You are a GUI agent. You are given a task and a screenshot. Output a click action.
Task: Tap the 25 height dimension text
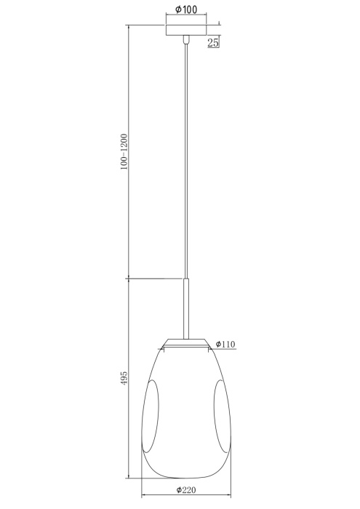pyautogui.click(x=214, y=43)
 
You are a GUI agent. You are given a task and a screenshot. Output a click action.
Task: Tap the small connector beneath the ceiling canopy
pyautogui.click(x=188, y=41)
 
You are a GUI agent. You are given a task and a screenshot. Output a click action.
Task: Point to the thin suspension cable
pyautogui.click(x=188, y=160)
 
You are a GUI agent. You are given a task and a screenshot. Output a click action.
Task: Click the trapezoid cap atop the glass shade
pyautogui.click(x=188, y=341)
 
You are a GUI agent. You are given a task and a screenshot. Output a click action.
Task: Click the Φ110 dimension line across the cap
pyautogui.click(x=188, y=348)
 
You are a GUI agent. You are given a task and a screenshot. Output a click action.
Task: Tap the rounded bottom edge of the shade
pyautogui.click(x=188, y=477)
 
